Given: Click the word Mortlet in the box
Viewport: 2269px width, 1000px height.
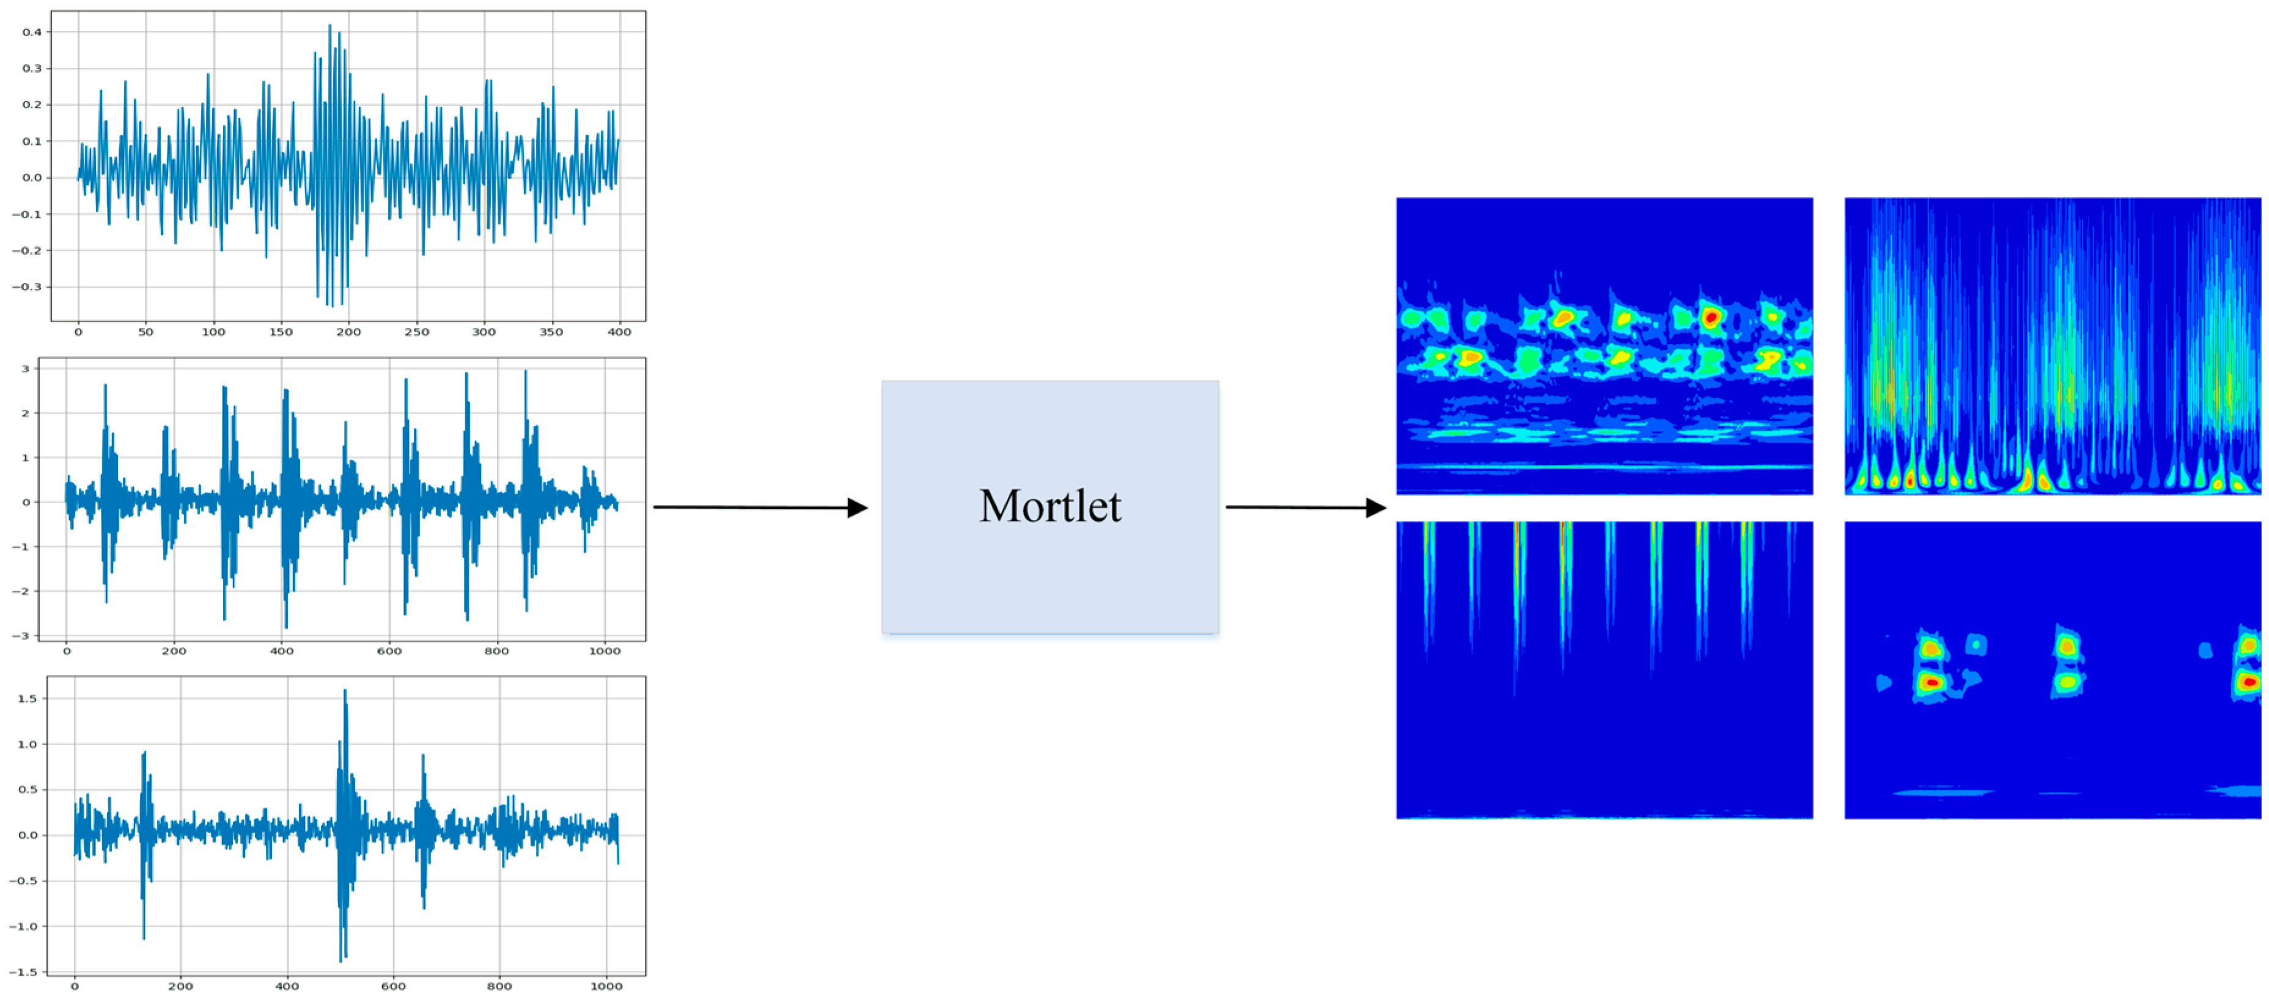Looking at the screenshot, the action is pos(1050,506).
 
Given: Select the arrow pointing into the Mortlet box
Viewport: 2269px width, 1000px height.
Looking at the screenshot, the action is pos(760,507).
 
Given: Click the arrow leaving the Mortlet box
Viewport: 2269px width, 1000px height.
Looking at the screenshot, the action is pos(1306,507).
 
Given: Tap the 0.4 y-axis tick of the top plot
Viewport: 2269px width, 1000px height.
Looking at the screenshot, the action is pos(32,32).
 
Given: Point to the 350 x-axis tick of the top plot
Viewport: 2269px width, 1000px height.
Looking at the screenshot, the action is pos(551,332).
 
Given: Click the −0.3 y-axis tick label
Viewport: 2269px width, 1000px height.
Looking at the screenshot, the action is pos(26,287).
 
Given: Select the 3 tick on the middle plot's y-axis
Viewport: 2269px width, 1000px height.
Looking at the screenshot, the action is pos(26,369).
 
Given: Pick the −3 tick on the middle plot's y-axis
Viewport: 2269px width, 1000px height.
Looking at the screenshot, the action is pos(21,635).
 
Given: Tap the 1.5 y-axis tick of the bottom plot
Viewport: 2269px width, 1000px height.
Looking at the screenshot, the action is pos(28,698).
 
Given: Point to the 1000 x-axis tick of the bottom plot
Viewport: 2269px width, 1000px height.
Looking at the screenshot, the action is pos(606,986).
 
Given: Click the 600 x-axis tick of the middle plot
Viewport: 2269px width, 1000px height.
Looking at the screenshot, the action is pos(389,651).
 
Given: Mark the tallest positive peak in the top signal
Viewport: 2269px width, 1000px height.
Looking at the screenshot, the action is pos(330,26).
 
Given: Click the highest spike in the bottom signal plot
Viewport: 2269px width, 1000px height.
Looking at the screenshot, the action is pos(344,691).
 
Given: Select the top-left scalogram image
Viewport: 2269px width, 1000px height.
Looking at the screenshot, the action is pos(1604,346).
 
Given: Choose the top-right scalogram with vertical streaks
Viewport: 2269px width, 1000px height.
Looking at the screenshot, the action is pos(2053,346).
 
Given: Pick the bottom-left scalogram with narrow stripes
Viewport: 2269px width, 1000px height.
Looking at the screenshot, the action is pos(1604,670).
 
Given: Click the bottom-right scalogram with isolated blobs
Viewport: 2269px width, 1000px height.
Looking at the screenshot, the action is pos(2053,670).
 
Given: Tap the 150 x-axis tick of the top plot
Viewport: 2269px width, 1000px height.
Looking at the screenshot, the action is pos(281,332).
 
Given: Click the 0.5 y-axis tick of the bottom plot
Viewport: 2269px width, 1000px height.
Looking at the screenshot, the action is pos(28,790).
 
